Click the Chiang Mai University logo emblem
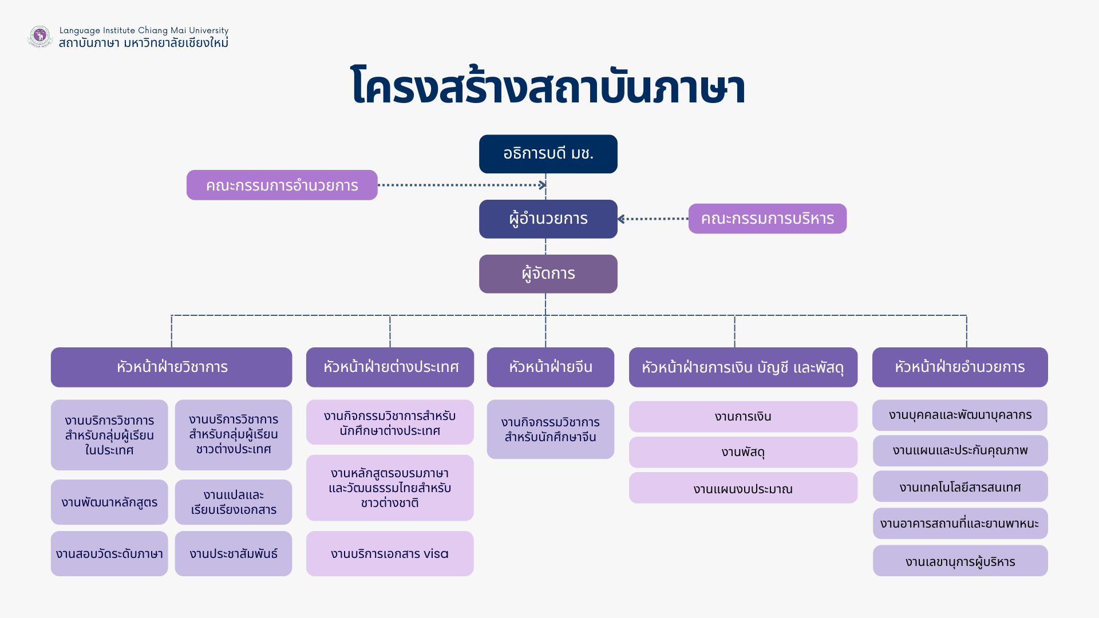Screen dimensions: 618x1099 click(x=39, y=36)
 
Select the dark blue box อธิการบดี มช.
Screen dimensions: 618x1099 click(x=548, y=154)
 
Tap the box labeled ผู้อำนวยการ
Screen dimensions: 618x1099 click(x=548, y=219)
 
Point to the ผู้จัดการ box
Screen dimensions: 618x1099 click(x=548, y=274)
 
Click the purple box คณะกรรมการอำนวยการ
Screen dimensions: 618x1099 click(x=282, y=185)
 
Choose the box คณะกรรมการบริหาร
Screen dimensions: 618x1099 click(x=767, y=219)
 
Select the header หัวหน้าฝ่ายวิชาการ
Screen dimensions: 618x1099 click(x=171, y=367)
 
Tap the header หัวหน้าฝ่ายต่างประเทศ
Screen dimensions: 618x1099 click(x=390, y=367)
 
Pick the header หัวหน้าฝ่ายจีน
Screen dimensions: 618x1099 click(x=550, y=367)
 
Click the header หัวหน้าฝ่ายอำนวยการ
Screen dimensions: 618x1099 click(x=959, y=367)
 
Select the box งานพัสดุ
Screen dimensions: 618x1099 click(x=742, y=452)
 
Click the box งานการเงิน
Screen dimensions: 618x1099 click(x=742, y=417)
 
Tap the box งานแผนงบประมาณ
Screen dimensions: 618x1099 click(x=742, y=488)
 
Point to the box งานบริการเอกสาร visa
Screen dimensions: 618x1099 click(x=390, y=553)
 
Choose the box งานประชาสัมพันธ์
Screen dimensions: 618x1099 click(x=233, y=553)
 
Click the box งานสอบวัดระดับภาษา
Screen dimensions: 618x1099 click(x=109, y=553)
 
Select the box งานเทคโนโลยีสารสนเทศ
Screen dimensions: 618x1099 click(x=960, y=487)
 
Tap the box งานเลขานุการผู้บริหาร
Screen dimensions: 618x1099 click(x=960, y=561)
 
